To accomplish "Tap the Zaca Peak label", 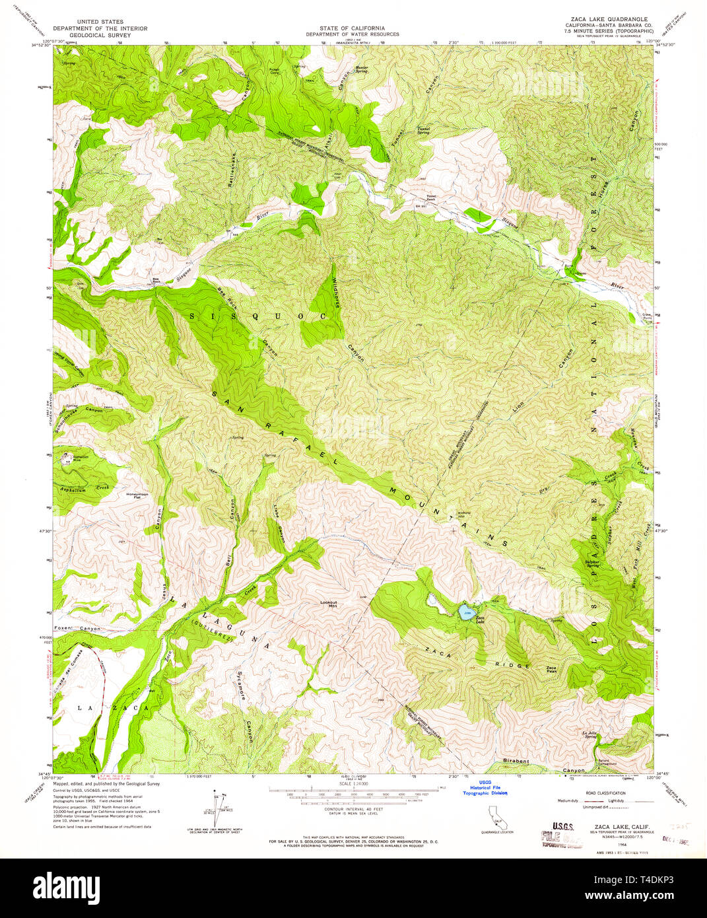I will [x=551, y=669].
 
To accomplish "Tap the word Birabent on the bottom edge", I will [x=515, y=761].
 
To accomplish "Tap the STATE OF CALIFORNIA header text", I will [x=353, y=28].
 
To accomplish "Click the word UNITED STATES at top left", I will [x=100, y=22].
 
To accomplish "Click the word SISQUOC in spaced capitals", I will [x=258, y=316].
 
